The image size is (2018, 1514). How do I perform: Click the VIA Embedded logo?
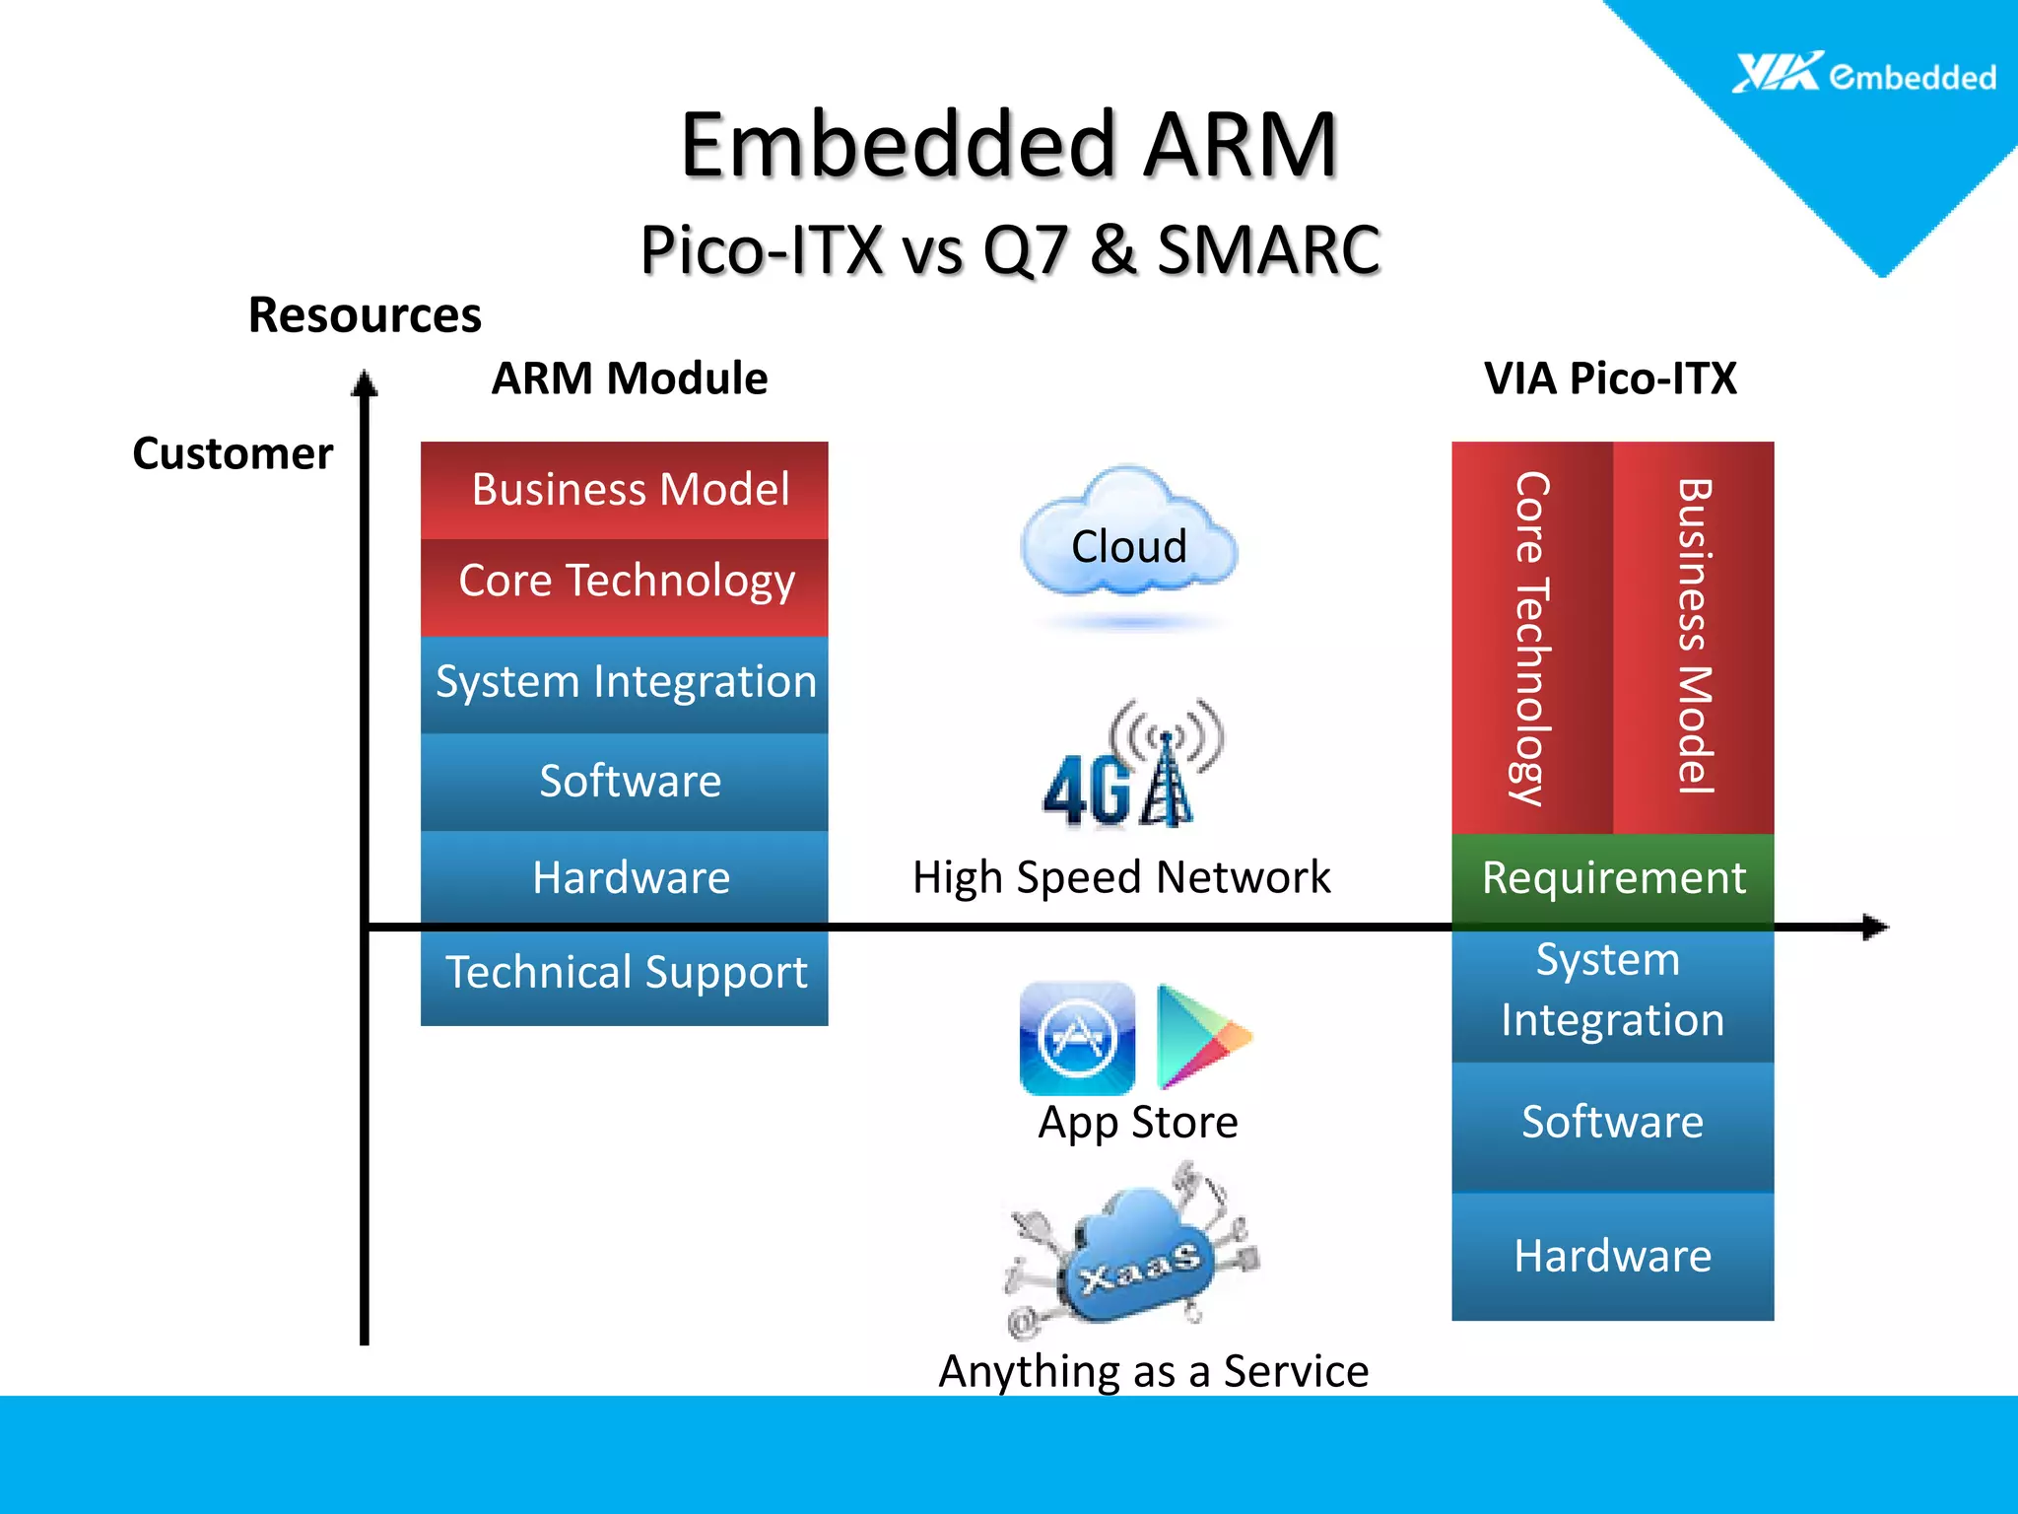point(1862,75)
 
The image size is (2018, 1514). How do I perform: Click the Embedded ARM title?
point(1008,146)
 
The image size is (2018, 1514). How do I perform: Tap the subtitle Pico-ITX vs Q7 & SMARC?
point(1009,249)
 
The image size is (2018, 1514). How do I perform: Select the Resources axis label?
point(365,315)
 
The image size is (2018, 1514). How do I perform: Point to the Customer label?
point(233,453)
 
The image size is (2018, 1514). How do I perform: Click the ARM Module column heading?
point(629,378)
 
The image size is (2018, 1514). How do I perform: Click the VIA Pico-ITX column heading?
point(1610,378)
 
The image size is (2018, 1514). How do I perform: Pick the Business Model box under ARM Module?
point(625,490)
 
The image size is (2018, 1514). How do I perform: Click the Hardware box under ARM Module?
point(625,878)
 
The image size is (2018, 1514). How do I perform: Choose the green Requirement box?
point(1612,878)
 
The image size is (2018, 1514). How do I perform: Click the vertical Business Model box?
point(1693,637)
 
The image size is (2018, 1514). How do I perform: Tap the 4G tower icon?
point(1133,764)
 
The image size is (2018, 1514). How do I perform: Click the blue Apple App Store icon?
point(1077,1038)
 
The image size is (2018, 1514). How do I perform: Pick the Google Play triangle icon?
point(1199,1035)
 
